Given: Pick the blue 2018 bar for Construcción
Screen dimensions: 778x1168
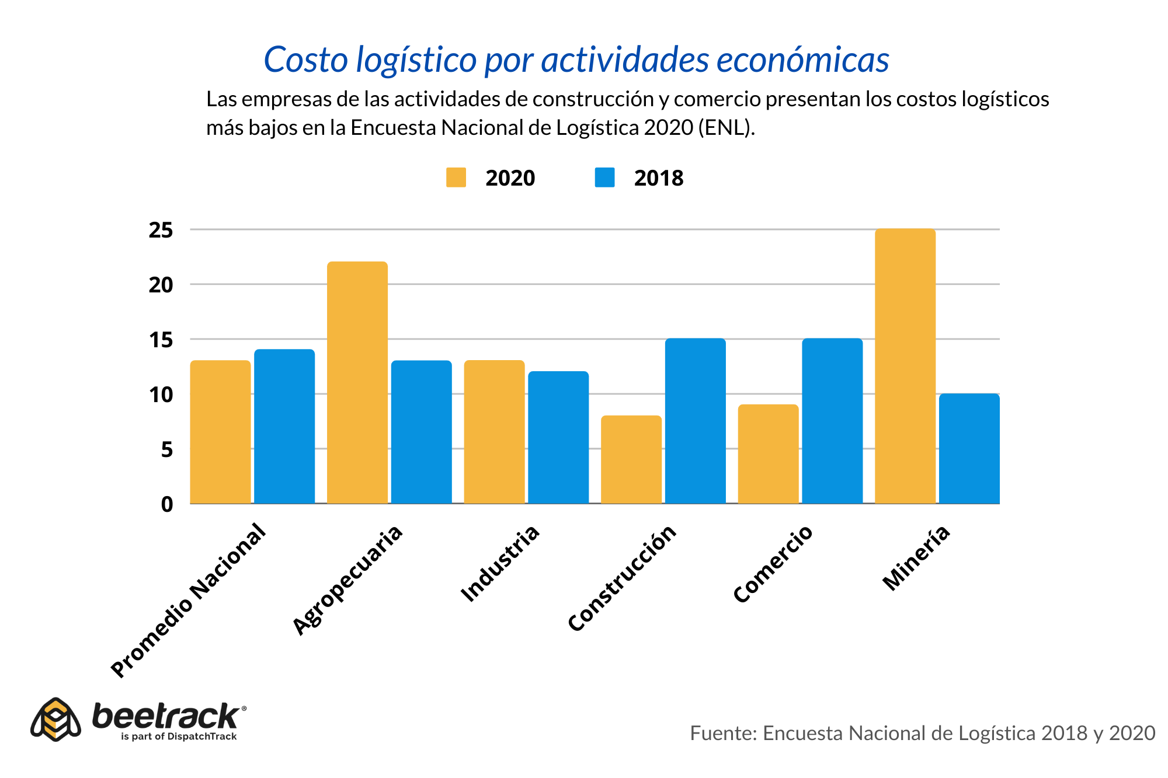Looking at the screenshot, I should tap(695, 421).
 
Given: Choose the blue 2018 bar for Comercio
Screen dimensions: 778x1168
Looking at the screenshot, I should tap(832, 421).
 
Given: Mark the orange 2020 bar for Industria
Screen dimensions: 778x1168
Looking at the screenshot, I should tap(494, 432).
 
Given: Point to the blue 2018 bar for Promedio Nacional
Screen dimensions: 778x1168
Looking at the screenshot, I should tap(284, 426).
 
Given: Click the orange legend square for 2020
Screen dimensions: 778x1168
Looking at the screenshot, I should tap(456, 177).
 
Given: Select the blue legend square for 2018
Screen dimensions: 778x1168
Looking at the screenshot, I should tap(604, 177).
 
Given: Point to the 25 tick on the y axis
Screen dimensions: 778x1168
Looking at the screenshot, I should tap(161, 231).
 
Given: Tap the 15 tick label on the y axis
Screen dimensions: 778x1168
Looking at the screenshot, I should tap(161, 340).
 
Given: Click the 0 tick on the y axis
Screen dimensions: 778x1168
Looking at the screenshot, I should tap(167, 504).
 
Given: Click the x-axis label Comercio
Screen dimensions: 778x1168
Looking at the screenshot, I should tap(773, 563).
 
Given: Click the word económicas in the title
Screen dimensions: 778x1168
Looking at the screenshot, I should tap(802, 60).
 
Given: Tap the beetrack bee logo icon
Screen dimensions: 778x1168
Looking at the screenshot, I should tap(55, 719).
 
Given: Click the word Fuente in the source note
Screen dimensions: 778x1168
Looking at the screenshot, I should tap(722, 733).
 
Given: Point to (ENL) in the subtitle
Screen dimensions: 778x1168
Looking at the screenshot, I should tap(726, 127).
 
